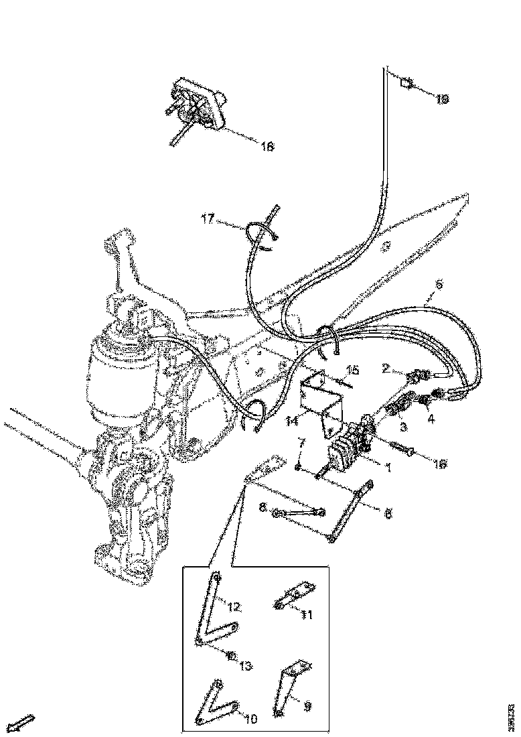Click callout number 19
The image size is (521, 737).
[442, 99]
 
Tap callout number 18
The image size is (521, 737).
[267, 147]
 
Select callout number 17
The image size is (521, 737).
[208, 218]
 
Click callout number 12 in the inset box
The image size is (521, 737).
[233, 608]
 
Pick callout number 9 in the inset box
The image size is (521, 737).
[307, 705]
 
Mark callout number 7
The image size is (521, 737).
[301, 443]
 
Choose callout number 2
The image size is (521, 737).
[386, 368]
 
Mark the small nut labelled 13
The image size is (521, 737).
[230, 655]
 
